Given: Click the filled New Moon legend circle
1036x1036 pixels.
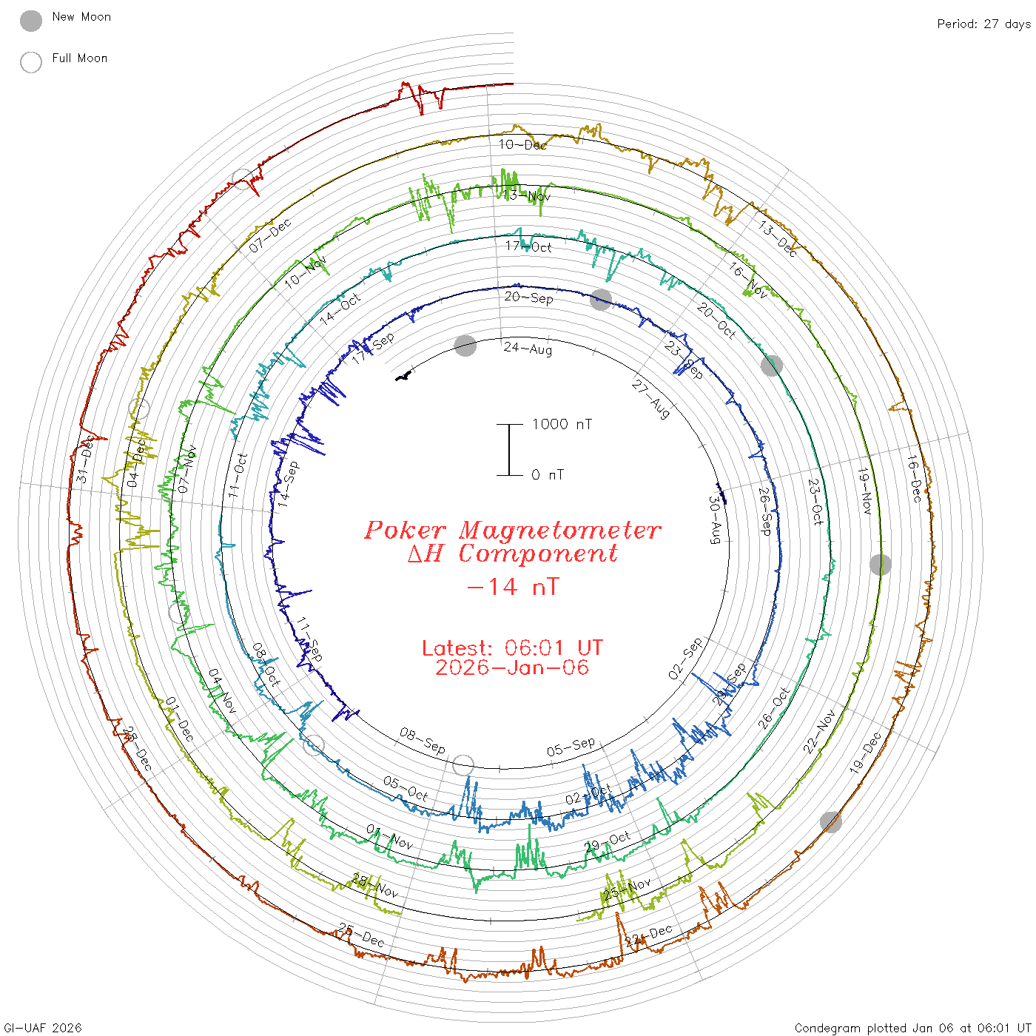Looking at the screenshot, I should [31, 21].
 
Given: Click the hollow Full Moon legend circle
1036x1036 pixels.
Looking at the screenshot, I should [31, 62].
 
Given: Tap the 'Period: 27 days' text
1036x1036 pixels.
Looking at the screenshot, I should [983, 24].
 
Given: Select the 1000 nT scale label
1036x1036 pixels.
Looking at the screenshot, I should [562, 424].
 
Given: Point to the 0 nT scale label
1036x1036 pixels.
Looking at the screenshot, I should [548, 475].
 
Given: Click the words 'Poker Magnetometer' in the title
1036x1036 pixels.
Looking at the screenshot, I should [512, 530].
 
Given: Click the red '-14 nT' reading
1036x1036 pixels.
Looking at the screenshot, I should [512, 587].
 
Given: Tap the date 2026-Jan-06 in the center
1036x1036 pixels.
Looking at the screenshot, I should [512, 668].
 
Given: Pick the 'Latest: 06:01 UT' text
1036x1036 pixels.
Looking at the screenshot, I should [512, 648].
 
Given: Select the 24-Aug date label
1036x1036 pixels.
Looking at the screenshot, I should [528, 349].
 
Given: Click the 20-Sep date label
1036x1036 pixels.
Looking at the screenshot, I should [528, 297].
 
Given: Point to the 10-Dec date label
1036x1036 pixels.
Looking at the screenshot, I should [522, 145].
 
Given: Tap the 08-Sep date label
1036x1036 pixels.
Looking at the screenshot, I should [423, 740].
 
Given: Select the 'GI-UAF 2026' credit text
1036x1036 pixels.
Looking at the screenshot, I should [43, 1028].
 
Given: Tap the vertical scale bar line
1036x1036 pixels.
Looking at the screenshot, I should [509, 450].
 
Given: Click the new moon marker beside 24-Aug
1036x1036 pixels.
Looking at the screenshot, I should [465, 346].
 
